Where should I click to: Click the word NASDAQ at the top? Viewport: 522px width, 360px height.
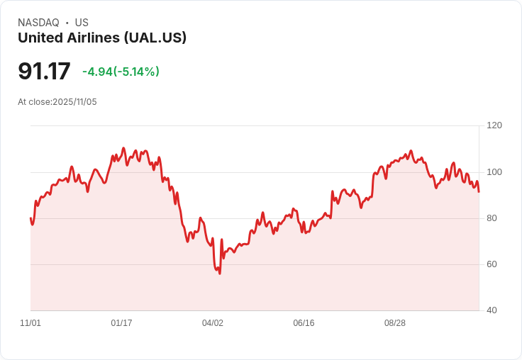[x=38, y=23]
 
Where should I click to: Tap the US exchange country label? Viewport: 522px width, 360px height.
[x=82, y=23]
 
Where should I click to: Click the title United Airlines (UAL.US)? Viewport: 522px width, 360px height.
[x=102, y=38]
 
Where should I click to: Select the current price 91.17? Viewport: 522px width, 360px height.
[x=44, y=72]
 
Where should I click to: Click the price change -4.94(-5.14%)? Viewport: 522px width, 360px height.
[x=121, y=72]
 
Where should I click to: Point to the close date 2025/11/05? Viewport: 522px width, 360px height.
[x=74, y=102]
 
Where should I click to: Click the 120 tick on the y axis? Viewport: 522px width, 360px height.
[x=494, y=125]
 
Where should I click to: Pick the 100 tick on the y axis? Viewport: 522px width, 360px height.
[x=494, y=172]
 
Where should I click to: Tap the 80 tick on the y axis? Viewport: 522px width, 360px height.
[x=492, y=218]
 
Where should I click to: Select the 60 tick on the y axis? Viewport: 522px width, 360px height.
[x=492, y=264]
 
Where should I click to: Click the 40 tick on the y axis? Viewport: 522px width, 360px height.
[x=492, y=310]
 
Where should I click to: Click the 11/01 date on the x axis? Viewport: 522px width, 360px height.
[x=30, y=323]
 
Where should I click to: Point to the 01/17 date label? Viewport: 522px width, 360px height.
[x=121, y=323]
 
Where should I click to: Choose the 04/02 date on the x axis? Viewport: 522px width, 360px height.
[x=213, y=323]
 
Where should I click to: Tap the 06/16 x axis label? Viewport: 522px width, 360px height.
[x=304, y=323]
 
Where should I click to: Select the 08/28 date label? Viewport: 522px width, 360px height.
[x=395, y=323]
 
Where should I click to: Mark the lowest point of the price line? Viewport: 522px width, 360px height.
[x=220, y=274]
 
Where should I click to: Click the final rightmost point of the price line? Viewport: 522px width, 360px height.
[x=479, y=191]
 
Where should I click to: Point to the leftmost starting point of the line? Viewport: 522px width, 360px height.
[x=30, y=218]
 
